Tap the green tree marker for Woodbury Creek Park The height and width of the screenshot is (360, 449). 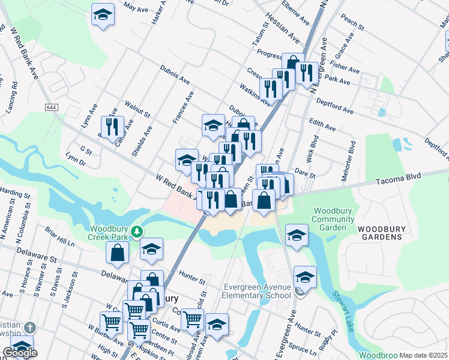click(x=137, y=231)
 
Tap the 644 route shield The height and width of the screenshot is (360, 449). click(x=51, y=107)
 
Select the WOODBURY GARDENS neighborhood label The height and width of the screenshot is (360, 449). click(x=379, y=233)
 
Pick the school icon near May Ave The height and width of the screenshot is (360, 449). click(x=103, y=14)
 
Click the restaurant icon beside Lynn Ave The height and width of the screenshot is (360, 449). click(x=112, y=127)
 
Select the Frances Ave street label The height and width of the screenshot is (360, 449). click(x=184, y=108)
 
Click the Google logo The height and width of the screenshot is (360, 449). click(x=20, y=353)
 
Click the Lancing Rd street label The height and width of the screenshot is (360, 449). click(x=14, y=96)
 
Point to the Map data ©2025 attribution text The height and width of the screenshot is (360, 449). click(x=423, y=355)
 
